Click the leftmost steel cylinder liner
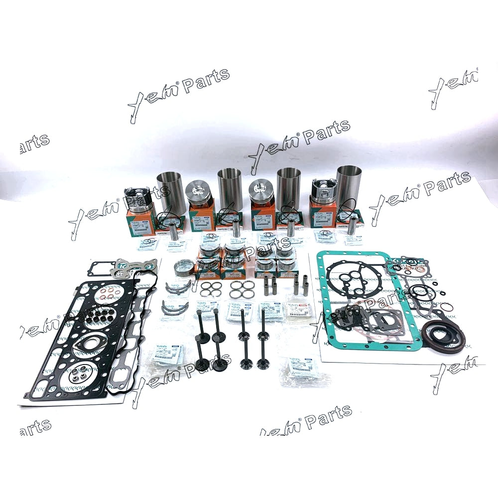click(171, 192)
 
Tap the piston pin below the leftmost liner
click(174, 231)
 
